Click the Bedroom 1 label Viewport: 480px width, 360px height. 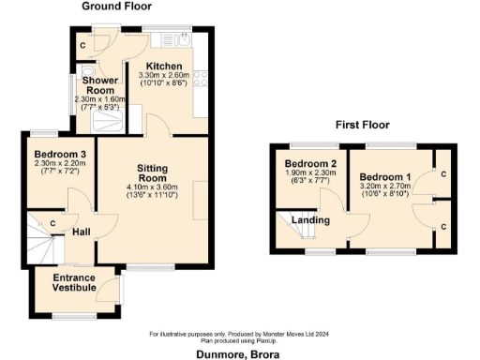coord(385,178)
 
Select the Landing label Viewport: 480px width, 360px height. coord(311,220)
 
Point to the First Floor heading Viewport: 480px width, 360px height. coord(362,125)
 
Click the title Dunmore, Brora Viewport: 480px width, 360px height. coord(238,354)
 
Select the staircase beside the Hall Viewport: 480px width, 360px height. coord(41,235)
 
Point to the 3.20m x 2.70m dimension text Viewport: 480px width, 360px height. coord(385,188)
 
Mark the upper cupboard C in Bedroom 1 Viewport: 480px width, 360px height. coord(442,174)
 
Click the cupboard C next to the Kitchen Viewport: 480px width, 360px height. coord(83,45)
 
